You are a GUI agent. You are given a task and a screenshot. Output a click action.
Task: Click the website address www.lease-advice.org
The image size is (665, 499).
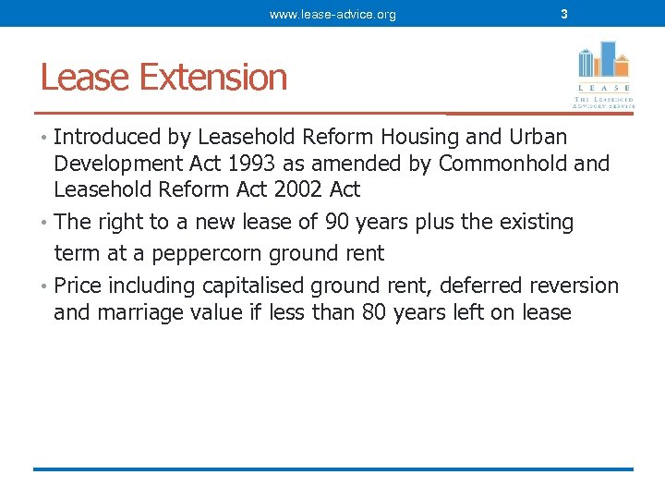332,14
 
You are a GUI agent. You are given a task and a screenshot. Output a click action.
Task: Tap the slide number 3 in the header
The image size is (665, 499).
564,14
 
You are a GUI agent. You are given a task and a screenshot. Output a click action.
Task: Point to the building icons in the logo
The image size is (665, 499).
602,60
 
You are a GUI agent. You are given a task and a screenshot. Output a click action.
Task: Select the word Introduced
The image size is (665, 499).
107,138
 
